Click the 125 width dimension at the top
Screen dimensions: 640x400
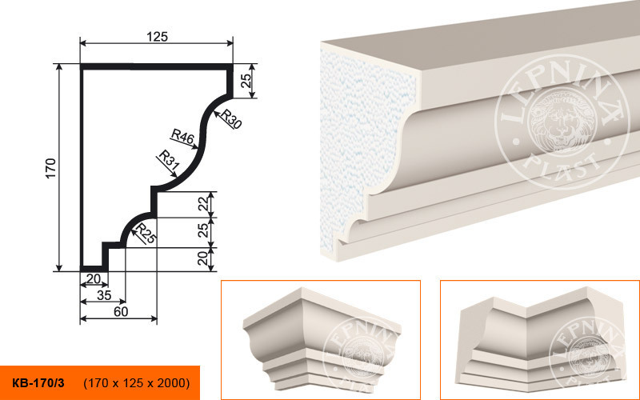coord(157,37)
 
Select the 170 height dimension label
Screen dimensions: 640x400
coord(50,168)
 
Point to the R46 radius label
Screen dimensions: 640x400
coord(182,137)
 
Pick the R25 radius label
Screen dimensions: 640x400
coord(146,234)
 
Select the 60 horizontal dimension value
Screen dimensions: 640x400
coord(121,311)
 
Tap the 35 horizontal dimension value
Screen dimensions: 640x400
coord(105,295)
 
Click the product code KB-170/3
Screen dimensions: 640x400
coord(38,383)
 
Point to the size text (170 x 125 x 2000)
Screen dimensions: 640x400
coord(137,383)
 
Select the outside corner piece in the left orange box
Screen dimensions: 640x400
coord(322,338)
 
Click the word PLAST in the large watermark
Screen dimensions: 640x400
coord(563,169)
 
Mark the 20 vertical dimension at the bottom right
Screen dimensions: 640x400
coord(202,258)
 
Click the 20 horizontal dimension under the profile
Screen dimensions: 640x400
coord(94,278)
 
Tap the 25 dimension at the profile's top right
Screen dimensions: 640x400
coord(246,81)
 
